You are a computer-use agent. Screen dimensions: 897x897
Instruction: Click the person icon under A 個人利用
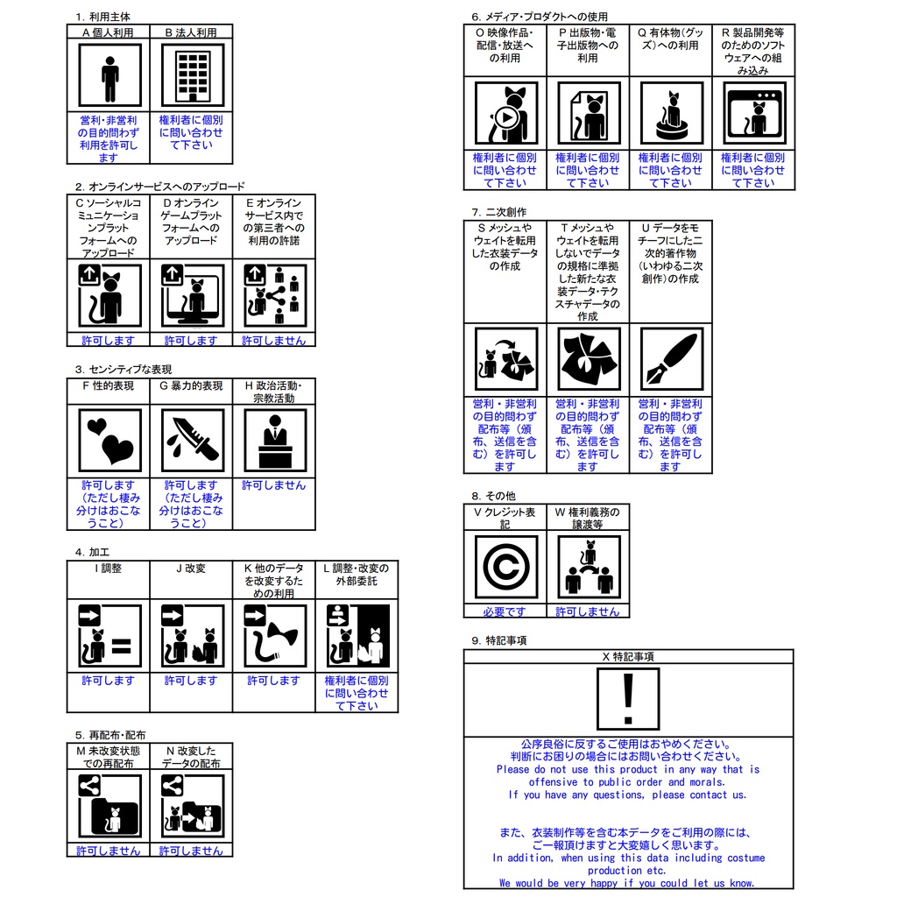point(109,75)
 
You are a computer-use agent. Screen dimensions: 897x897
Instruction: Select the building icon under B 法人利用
point(192,75)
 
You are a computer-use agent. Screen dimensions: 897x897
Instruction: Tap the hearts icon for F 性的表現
point(109,441)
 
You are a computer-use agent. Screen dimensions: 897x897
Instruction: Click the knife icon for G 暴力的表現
point(192,441)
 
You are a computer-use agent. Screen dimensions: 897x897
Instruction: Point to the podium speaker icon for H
point(274,441)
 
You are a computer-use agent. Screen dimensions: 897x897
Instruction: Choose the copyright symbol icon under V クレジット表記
point(505,567)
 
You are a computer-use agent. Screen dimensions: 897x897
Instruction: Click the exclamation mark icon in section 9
point(627,699)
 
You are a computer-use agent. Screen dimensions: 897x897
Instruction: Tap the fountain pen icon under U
point(671,359)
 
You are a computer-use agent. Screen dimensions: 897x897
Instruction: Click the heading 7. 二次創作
point(499,212)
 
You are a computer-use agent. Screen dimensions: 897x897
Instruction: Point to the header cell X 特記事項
point(627,656)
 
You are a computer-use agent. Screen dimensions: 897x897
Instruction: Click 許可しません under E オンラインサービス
point(274,340)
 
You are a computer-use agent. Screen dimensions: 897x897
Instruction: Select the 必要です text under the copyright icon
point(505,611)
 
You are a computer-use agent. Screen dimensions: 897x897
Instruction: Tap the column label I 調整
point(109,569)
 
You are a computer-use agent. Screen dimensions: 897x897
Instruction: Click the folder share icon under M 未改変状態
point(109,807)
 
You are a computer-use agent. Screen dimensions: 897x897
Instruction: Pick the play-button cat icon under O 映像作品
point(505,114)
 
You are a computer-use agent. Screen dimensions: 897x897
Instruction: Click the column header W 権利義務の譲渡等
point(588,518)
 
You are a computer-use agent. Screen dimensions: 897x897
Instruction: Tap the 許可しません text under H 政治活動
point(274,484)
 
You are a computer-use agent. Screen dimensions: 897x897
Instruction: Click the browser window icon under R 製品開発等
point(753,114)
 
